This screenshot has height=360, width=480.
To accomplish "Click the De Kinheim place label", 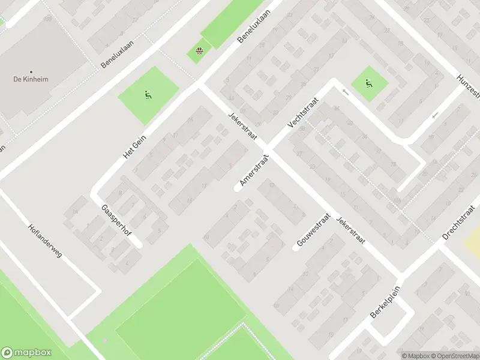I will (x=31, y=79).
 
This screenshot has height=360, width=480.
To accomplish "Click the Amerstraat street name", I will (x=254, y=169).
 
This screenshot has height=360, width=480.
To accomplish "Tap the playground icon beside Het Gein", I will (x=147, y=94).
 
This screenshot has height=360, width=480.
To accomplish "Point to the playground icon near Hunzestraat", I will (x=368, y=83).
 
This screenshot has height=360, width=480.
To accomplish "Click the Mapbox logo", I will (x=26, y=353).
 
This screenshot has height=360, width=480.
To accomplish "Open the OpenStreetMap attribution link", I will (x=455, y=356).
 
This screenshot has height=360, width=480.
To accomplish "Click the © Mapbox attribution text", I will (x=415, y=356).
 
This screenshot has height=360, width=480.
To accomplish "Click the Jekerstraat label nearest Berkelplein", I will (x=350, y=229).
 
